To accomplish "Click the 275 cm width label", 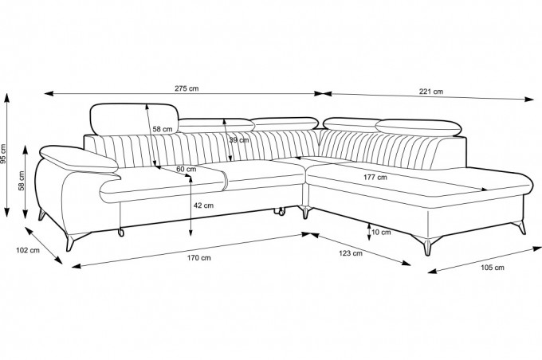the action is pos(187,88).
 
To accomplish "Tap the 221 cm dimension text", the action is pos(431,92).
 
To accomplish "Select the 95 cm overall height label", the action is pos(3,154).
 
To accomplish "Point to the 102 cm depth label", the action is pos(28,250).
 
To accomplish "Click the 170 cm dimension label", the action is pos(198,258).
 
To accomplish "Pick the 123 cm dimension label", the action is pos(351,253).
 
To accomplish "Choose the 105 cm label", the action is pos(493,268).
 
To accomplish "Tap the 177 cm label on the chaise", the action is pos(375,178).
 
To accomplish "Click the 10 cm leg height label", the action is pos(381,233).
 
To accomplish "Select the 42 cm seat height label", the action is pos(203,205).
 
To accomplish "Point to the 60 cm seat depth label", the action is pos(187,170).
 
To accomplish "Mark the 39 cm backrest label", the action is pos(239,140).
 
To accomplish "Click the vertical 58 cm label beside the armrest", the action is pos(22,181).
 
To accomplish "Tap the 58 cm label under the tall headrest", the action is pos(163,129).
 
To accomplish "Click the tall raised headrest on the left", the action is pos(134,119).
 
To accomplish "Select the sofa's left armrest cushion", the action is pos(79,159).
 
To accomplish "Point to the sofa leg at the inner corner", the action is pos(305,211).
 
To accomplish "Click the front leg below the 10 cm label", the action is pos(427,245).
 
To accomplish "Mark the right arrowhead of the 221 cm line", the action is pos(529,100).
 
